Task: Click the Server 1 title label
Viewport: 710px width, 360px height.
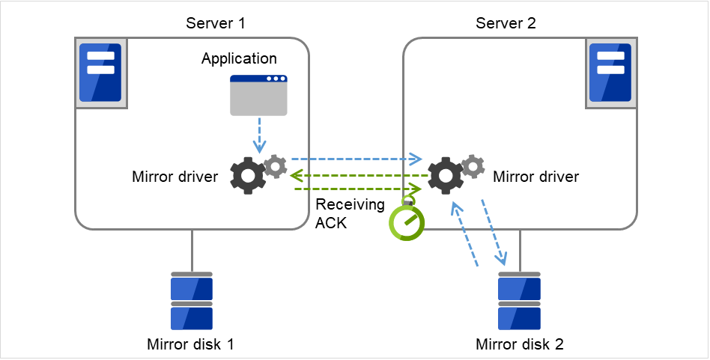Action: pyautogui.click(x=215, y=23)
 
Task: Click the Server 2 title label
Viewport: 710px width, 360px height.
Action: pyautogui.click(x=506, y=23)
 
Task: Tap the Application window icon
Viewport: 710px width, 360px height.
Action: pyautogui.click(x=258, y=95)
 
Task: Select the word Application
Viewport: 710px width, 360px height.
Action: pyautogui.click(x=239, y=58)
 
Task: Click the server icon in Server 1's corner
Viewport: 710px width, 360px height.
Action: pyautogui.click(x=100, y=73)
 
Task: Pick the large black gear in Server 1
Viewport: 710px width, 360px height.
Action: pyautogui.click(x=247, y=176)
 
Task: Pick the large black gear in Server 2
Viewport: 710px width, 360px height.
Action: pyautogui.click(x=446, y=176)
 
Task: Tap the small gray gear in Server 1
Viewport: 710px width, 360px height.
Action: pyautogui.click(x=276, y=166)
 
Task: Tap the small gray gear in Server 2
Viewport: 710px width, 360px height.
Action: pyautogui.click(x=473, y=166)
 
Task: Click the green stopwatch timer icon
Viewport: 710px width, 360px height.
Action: pyautogui.click(x=406, y=222)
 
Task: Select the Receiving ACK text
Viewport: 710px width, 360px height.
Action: pyautogui.click(x=340, y=213)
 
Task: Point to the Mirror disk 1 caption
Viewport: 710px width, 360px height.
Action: pyautogui.click(x=192, y=344)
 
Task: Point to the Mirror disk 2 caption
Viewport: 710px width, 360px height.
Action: pyautogui.click(x=520, y=344)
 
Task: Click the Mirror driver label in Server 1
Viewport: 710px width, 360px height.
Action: pyautogui.click(x=175, y=177)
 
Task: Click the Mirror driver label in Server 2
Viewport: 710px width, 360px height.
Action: pyautogui.click(x=535, y=177)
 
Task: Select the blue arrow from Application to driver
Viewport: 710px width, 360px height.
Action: pyautogui.click(x=258, y=135)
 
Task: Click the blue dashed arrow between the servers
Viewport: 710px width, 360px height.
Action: pyautogui.click(x=356, y=159)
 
